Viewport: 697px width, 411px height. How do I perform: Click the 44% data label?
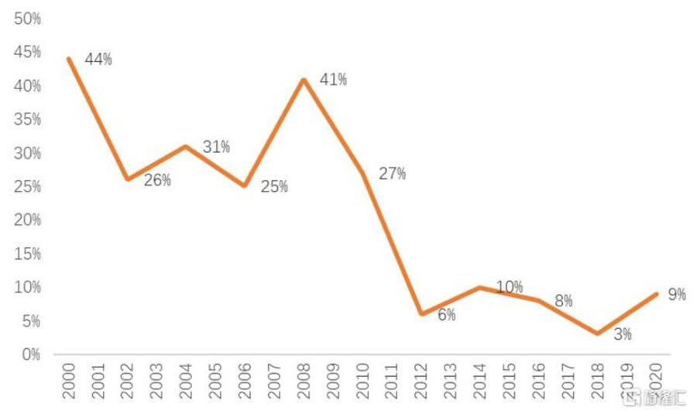coord(98,60)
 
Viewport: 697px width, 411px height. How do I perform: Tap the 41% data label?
coord(333,79)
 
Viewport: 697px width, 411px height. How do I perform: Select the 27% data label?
coord(392,174)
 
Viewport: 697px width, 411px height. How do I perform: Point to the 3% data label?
coord(622,335)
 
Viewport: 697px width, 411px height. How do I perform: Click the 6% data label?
coord(446,315)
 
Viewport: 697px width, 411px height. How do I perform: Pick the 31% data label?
coord(216,147)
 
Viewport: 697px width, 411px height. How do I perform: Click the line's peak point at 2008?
coord(304,80)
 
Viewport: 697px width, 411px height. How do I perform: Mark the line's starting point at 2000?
coord(69,59)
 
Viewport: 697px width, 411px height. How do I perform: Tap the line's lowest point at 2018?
coord(598,334)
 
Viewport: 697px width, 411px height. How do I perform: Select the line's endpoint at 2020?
coord(657,294)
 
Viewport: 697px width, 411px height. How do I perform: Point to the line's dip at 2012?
coord(421,314)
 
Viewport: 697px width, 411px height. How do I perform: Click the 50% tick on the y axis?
coord(27,19)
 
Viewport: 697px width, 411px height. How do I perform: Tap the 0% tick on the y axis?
coord(32,354)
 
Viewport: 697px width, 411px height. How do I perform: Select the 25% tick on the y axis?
coord(27,187)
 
